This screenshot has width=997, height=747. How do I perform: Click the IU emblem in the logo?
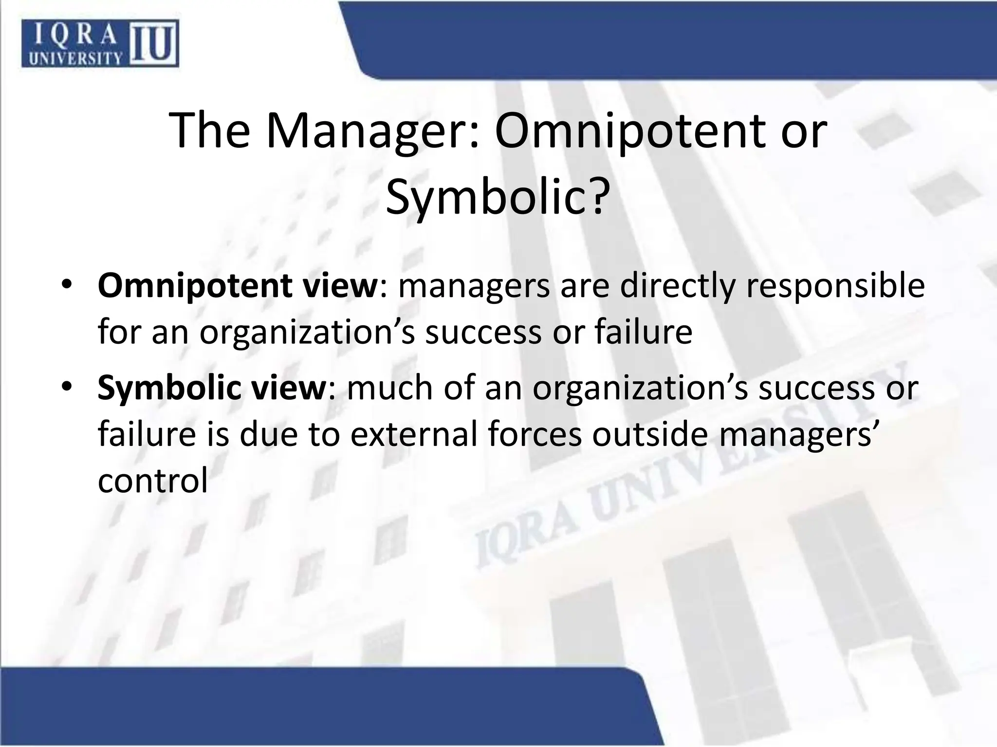pos(153,44)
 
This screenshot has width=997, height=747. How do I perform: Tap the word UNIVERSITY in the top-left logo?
pos(75,58)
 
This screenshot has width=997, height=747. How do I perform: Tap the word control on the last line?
pos(153,480)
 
